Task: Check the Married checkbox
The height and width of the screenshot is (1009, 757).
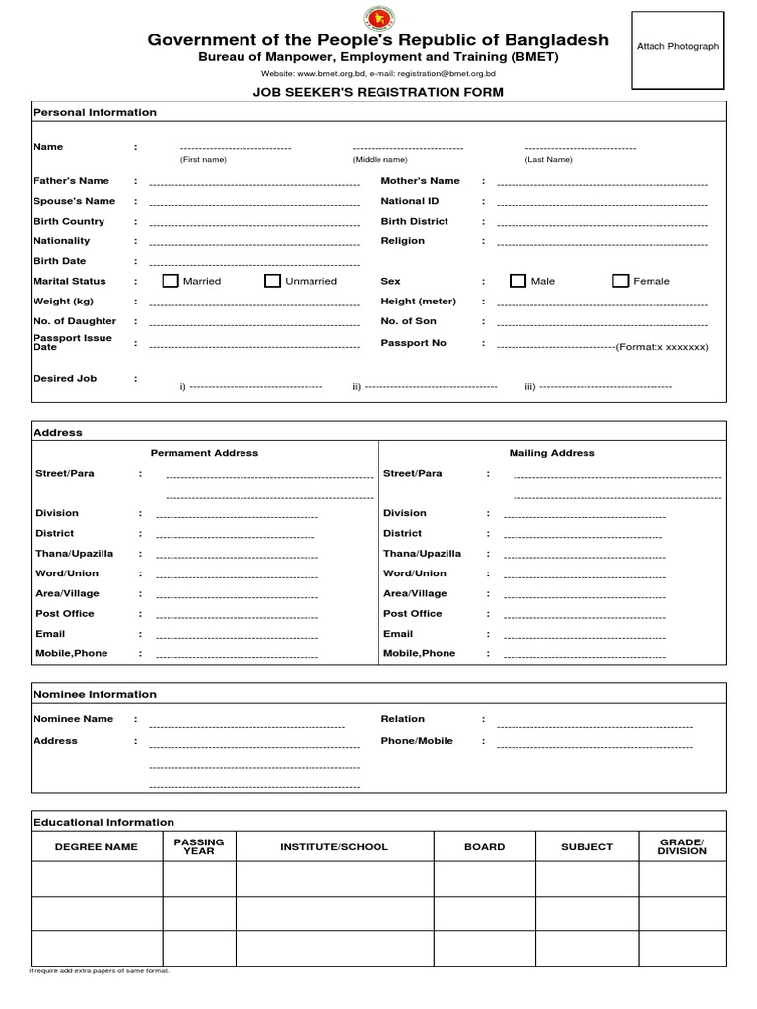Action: [171, 281]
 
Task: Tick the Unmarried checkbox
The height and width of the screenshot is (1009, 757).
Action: [272, 281]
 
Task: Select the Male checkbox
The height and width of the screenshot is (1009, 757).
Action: [517, 281]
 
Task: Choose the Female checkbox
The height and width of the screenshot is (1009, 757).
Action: [620, 281]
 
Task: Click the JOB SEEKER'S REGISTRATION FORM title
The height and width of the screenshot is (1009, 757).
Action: [378, 92]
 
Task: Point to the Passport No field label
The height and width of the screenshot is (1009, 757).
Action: [413, 343]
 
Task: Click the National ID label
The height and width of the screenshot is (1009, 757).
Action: [409, 201]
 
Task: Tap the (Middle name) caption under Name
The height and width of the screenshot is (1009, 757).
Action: [379, 159]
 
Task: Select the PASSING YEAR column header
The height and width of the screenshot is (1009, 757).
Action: [199, 846]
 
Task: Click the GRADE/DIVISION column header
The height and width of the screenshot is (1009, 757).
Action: [682, 846]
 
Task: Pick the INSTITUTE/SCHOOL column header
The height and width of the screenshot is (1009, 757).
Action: [334, 847]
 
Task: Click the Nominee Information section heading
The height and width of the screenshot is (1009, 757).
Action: [95, 694]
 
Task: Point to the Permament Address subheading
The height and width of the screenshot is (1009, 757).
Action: [204, 453]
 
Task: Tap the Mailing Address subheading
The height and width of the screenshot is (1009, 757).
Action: [552, 453]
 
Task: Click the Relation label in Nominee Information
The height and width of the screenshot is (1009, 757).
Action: [402, 719]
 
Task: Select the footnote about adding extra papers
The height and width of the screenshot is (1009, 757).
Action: [100, 971]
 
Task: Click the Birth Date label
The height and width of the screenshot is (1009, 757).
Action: [59, 261]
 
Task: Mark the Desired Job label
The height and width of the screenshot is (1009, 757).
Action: [64, 378]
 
